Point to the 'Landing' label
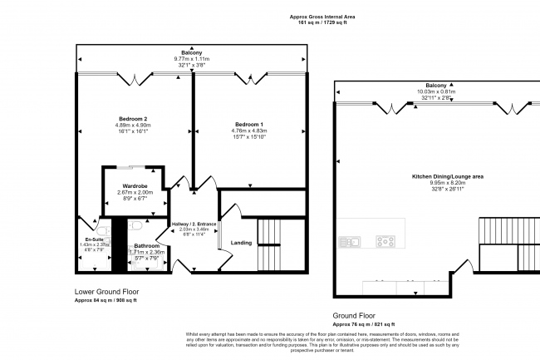(241, 243)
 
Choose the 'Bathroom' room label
(146, 246)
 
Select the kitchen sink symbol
(349, 242)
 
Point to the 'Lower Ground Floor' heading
(106, 292)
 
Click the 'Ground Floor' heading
(356, 315)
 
